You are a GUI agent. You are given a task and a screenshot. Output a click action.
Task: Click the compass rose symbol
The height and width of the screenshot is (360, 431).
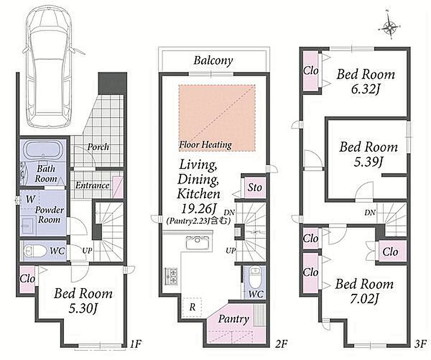(389, 27)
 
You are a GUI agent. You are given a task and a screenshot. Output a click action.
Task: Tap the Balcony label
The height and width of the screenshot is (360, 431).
(213, 60)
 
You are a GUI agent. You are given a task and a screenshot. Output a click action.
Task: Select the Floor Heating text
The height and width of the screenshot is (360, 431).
(205, 144)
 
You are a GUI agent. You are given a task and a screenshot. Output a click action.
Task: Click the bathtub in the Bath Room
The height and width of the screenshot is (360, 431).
(46, 151)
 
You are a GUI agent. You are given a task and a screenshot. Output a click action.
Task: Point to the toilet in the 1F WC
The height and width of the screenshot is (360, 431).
(31, 251)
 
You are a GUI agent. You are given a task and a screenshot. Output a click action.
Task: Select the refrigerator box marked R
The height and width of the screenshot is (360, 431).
(192, 307)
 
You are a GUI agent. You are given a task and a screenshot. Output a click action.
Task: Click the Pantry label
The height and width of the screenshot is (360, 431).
(233, 319)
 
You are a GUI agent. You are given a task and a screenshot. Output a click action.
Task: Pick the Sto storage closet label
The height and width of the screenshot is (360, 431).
(255, 188)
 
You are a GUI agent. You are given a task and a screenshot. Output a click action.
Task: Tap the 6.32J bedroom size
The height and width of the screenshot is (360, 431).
(365, 90)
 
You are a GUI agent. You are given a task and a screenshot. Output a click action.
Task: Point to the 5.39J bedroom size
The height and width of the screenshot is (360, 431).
(368, 162)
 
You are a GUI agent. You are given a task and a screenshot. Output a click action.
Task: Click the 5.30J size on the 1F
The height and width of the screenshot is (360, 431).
(83, 309)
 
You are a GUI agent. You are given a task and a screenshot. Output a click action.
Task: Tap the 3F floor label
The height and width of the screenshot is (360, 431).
(421, 344)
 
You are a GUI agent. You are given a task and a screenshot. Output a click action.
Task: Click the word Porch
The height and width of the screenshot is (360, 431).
(98, 147)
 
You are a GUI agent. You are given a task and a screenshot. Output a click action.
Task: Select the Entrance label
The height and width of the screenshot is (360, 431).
(92, 186)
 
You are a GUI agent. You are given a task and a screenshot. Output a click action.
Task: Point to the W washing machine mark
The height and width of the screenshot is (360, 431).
(31, 199)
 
